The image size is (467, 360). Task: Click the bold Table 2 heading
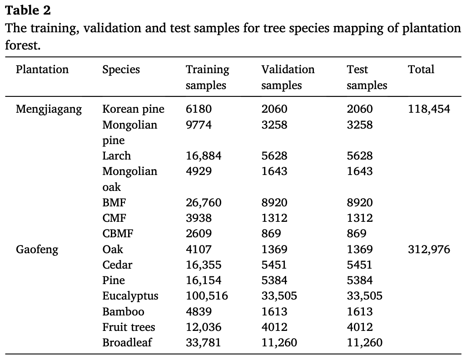28,10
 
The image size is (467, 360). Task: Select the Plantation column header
42,70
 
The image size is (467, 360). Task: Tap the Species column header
121,70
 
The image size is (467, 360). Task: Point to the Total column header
421,70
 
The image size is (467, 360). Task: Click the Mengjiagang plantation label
49,110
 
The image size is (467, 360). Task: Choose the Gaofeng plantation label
37,250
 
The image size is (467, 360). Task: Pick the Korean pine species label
133,110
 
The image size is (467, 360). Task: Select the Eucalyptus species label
130,296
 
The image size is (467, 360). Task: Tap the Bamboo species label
123,312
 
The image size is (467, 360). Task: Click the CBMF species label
118,234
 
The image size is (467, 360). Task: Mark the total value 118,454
429,110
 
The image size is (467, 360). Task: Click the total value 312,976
429,250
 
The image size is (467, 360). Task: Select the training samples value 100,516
207,296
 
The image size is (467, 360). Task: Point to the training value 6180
199,110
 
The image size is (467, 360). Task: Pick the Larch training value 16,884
204,156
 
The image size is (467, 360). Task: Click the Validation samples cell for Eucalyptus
279,296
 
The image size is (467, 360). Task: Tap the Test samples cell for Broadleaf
364,343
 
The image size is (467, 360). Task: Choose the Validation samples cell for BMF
274,203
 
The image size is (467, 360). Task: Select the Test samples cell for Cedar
359,265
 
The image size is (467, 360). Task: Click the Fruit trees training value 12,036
203,327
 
